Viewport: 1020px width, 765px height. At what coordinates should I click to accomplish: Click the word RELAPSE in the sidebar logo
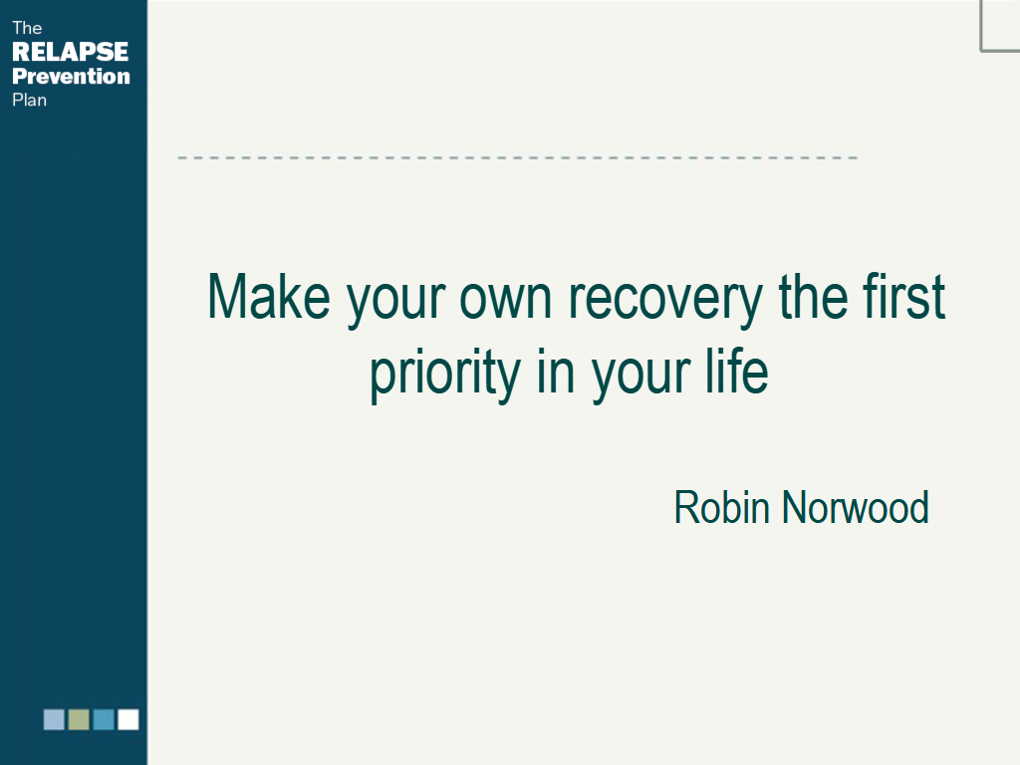(71, 52)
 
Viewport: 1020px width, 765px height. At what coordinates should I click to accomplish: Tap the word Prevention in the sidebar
(71, 76)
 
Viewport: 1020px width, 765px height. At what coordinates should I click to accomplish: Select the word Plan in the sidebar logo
(29, 100)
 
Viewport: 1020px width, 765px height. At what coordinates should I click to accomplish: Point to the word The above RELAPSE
(27, 28)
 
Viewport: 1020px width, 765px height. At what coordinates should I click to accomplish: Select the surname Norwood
(856, 507)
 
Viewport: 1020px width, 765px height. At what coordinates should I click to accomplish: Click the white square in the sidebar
(128, 719)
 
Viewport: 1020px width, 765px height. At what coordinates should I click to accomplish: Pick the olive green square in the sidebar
(79, 719)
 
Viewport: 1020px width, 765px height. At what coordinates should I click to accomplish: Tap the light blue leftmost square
(54, 719)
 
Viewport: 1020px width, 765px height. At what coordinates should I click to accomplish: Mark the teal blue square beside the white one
(104, 719)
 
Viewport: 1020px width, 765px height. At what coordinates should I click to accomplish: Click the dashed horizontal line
(518, 157)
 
